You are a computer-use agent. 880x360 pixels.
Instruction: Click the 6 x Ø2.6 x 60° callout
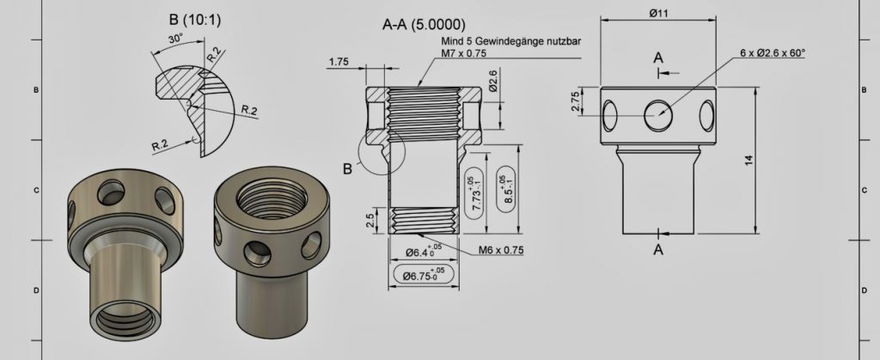(x=772, y=52)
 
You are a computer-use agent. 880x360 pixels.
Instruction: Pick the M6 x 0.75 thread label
(x=500, y=250)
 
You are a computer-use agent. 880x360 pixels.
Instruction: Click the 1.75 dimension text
(x=338, y=61)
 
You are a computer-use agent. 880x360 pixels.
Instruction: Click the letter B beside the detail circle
(x=347, y=168)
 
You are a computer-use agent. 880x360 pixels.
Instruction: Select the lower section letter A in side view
(x=658, y=250)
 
